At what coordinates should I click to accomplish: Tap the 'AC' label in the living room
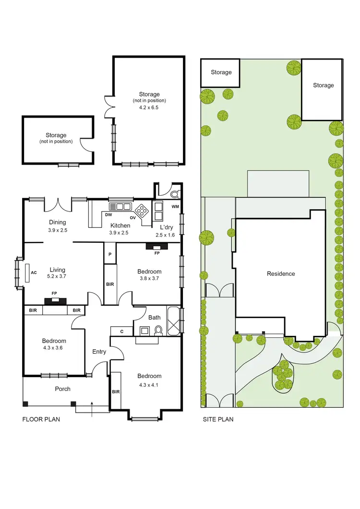pos(34,272)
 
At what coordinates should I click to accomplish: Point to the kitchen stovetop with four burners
pos(143,210)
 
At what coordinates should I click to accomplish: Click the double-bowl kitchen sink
pos(120,207)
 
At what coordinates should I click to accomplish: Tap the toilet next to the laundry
pos(173,194)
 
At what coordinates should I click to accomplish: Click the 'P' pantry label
pos(110,254)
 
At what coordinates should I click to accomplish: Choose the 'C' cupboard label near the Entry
pos(122,331)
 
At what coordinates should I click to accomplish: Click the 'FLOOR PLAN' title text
pos(41,419)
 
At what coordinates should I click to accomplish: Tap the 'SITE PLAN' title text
pos(217,419)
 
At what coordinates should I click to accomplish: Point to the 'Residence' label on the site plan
pos(281,273)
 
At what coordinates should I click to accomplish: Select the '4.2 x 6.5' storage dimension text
pos(149,108)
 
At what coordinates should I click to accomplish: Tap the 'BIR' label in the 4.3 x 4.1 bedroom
pos(116,391)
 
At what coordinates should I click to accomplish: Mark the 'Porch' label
pos(62,389)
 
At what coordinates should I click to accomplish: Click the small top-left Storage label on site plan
pos(221,72)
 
